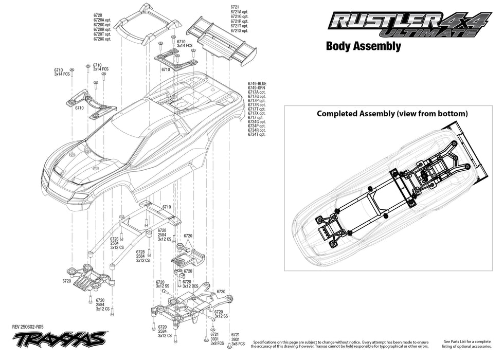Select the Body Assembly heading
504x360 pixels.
[x=363, y=46]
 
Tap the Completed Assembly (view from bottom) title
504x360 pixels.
[x=392, y=113]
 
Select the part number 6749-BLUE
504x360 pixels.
[x=257, y=84]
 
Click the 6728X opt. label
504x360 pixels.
[x=102, y=39]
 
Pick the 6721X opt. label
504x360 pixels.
[x=240, y=30]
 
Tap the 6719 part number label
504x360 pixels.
[x=167, y=207]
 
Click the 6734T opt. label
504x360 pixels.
[x=257, y=134]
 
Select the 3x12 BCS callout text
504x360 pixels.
[x=190, y=286]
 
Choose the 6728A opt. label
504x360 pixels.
[x=102, y=20]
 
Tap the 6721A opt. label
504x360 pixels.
[x=240, y=12]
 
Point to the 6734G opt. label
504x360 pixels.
[x=257, y=122]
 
